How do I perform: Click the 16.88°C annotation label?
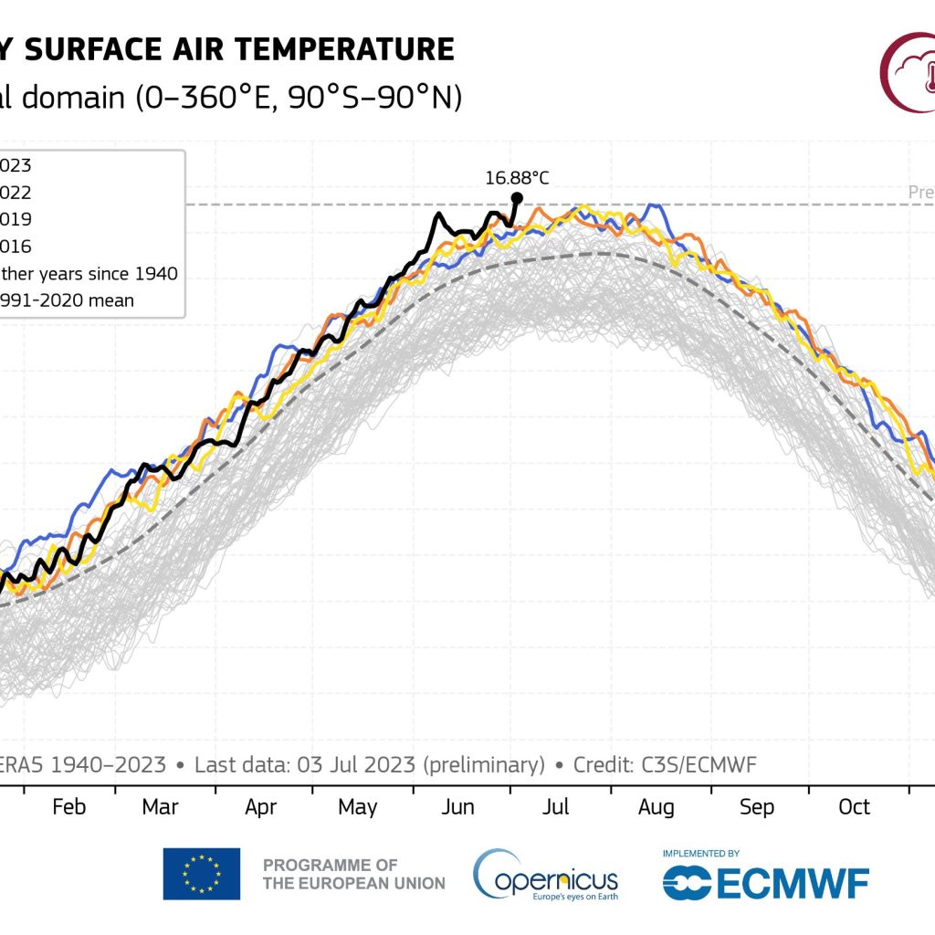coord(517,177)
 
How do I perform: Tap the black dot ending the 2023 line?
coord(517,197)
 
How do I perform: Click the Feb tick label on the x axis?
coord(69,807)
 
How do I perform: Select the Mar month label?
coord(161,807)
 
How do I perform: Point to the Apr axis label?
coord(261,807)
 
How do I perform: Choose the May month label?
coord(358,807)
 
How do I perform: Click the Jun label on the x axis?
coord(458,807)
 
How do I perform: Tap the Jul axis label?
coord(556,807)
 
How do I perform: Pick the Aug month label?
coord(656,807)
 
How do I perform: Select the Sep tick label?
coord(756,807)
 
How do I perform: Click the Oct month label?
coord(855,807)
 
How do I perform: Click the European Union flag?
coord(202,874)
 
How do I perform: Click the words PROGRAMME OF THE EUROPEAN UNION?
coord(354,874)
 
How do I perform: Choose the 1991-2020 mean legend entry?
coord(68,299)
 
